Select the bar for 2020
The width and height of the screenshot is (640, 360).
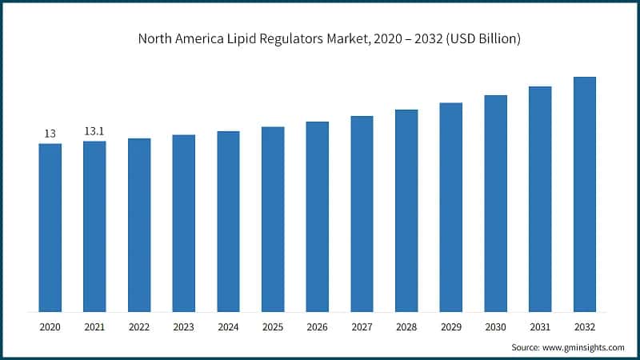(x=50, y=228)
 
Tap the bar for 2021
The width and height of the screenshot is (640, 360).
(x=94, y=226)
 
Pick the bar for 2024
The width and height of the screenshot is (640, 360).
(x=228, y=222)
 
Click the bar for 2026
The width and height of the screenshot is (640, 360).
(x=317, y=217)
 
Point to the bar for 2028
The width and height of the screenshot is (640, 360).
(x=406, y=210)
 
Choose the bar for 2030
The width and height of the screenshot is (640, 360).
(x=495, y=203)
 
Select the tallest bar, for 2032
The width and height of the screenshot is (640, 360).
(x=584, y=194)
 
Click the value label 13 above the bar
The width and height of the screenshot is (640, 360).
(x=50, y=134)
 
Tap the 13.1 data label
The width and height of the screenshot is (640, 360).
(x=94, y=131)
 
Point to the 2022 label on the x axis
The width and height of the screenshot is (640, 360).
(x=139, y=326)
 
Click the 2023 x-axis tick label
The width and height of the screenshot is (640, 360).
(x=183, y=326)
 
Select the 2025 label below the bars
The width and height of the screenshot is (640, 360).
(x=273, y=326)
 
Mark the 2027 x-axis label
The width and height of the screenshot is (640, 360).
(x=362, y=326)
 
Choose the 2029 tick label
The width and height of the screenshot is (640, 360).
(x=450, y=326)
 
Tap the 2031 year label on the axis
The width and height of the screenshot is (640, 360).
(x=540, y=326)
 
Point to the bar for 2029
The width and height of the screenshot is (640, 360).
(x=450, y=207)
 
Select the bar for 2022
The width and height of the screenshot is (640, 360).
(x=139, y=225)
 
